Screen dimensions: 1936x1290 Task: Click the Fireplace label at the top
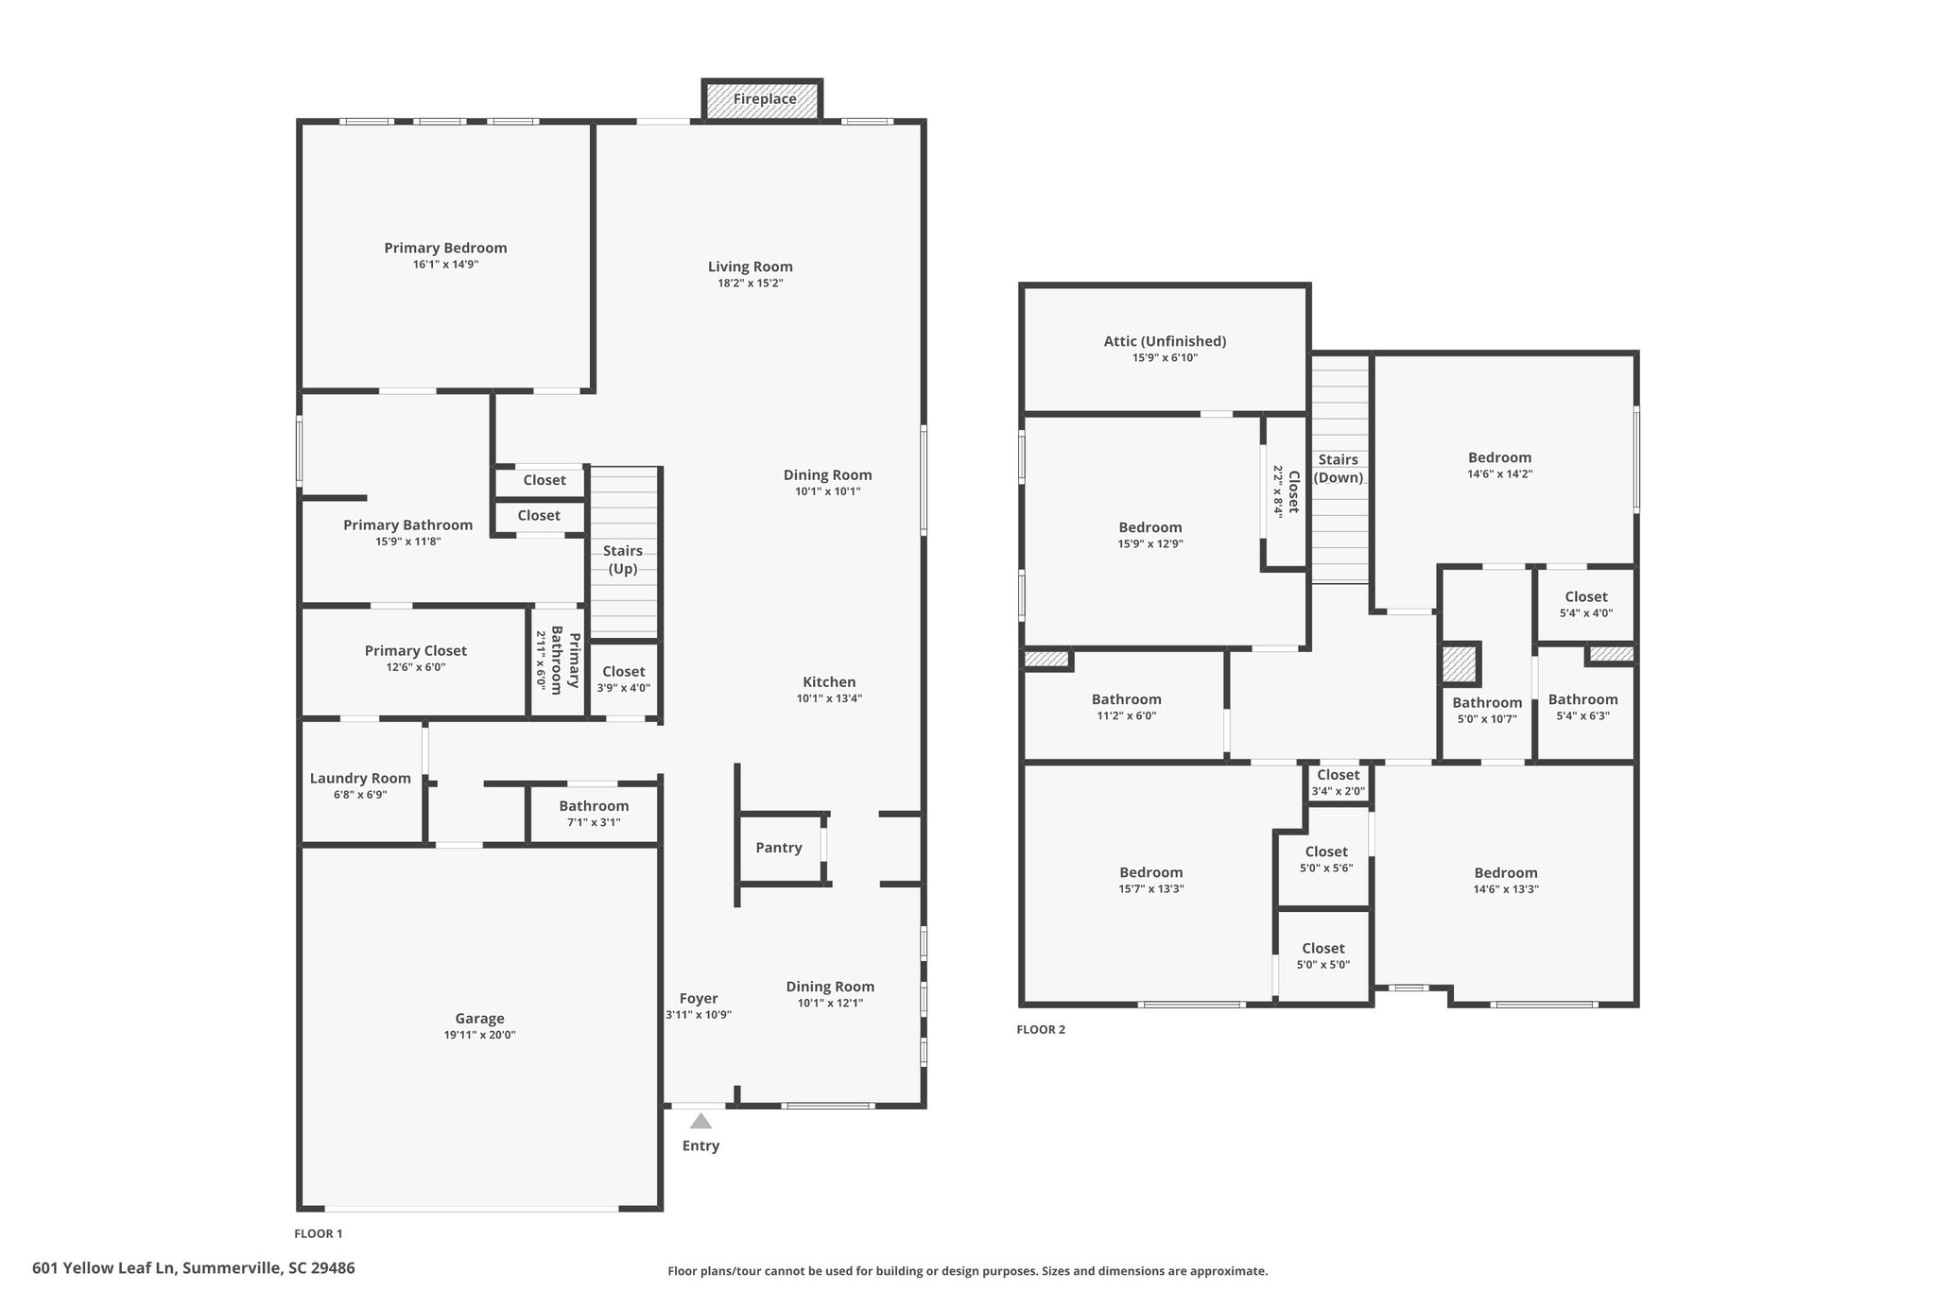coord(765,99)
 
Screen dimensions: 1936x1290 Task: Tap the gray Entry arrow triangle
coord(700,1121)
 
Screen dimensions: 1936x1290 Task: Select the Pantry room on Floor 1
coord(779,848)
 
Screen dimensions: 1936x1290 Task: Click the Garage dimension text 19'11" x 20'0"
coord(479,1035)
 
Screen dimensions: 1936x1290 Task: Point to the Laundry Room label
coord(360,779)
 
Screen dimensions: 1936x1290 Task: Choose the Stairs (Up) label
coord(623,559)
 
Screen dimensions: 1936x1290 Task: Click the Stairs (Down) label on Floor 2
coord(1339,469)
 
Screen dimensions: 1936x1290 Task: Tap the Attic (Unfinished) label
coord(1165,341)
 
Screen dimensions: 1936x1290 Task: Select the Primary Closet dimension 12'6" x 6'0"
coord(416,667)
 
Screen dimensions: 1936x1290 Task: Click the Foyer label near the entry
coord(699,998)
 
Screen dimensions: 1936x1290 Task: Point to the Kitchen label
coord(829,682)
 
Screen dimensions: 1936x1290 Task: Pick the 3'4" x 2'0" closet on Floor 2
coord(1339,783)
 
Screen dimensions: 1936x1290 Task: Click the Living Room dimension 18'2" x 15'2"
coord(751,284)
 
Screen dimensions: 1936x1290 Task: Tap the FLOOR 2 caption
coord(1041,1029)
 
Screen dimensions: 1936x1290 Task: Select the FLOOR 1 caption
coord(319,1233)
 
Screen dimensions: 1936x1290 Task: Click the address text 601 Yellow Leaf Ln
coord(105,1267)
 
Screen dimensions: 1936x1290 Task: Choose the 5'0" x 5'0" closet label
coord(1323,955)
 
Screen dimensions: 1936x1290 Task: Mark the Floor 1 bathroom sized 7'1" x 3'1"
coord(594,813)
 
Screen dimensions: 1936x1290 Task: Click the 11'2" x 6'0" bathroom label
coord(1127,707)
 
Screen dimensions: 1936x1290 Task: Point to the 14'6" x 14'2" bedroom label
coord(1500,465)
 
